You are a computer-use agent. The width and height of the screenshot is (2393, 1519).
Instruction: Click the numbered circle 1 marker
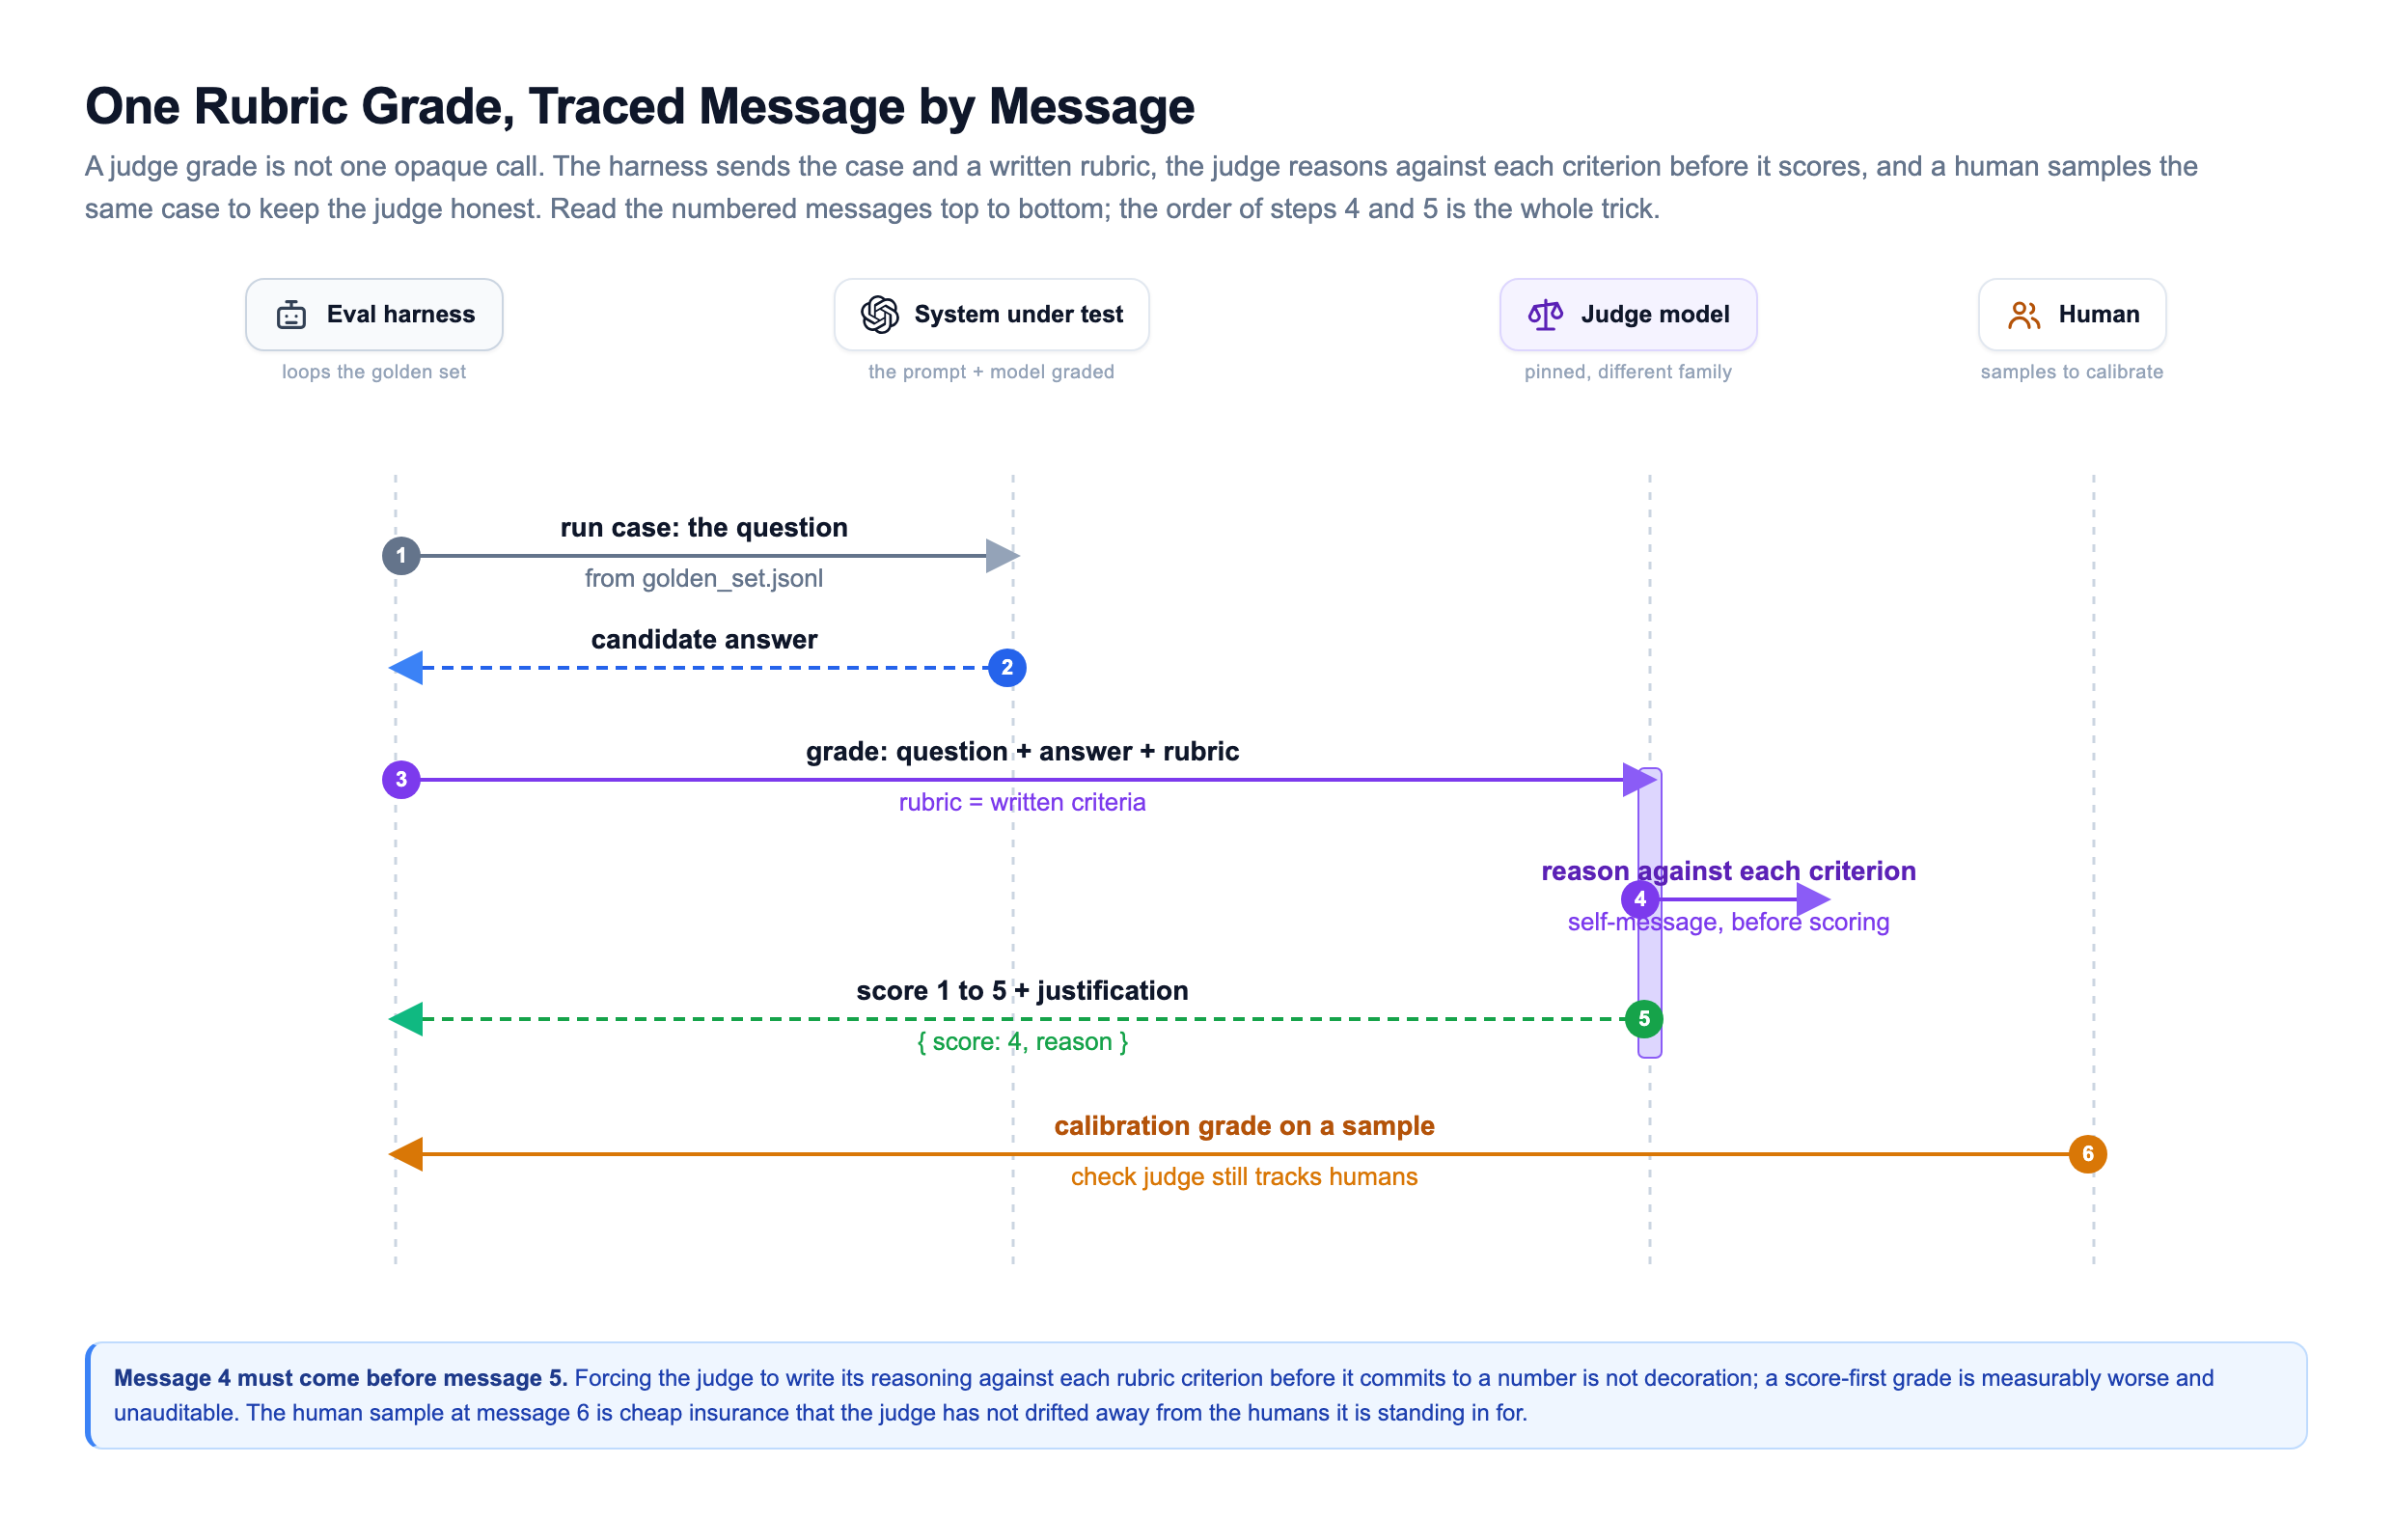[x=400, y=556]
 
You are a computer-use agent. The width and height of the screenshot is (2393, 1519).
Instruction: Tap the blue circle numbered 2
[x=1006, y=668]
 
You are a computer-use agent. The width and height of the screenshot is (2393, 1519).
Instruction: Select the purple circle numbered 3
[x=400, y=781]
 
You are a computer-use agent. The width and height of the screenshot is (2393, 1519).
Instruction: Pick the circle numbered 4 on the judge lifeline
[x=1639, y=899]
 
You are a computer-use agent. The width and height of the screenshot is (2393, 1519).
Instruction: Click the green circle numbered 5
[x=1643, y=1019]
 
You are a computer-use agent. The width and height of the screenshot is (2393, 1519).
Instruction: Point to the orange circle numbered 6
[x=2087, y=1154]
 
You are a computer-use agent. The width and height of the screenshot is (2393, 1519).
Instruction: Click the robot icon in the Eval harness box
[x=291, y=316]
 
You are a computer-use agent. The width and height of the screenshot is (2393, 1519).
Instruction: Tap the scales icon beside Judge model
[x=1545, y=316]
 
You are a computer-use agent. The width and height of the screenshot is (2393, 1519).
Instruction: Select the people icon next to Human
[x=2023, y=316]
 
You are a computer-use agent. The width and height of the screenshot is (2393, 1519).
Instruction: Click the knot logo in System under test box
[x=879, y=316]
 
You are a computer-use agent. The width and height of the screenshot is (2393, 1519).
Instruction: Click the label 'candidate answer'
[x=704, y=639]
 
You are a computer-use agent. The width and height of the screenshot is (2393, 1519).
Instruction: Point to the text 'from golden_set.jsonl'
[x=703, y=579]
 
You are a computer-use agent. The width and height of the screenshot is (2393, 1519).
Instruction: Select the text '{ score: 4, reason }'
[x=1023, y=1042]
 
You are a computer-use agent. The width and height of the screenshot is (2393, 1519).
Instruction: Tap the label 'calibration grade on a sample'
[x=1244, y=1125]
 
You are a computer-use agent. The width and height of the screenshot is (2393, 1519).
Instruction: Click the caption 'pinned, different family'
[x=1628, y=372]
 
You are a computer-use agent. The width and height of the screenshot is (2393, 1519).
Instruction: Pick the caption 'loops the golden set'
[x=373, y=372]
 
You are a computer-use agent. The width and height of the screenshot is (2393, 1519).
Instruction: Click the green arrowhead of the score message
[x=405, y=1019]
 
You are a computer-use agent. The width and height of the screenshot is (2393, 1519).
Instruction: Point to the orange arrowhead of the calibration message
[x=405, y=1154]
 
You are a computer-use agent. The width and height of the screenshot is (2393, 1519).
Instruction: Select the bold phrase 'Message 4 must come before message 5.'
[x=341, y=1378]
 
